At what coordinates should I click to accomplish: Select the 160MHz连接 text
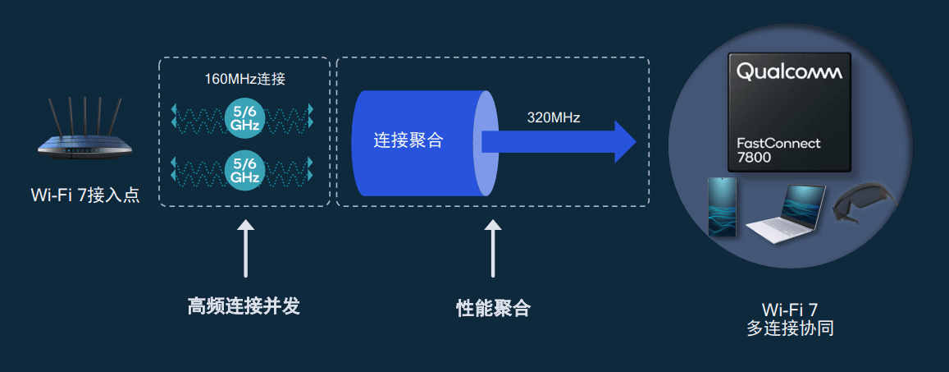point(244,80)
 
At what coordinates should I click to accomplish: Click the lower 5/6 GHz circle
point(244,170)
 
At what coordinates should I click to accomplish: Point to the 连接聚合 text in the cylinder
point(408,140)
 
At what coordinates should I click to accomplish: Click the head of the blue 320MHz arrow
point(624,141)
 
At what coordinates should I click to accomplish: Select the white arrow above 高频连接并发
point(244,247)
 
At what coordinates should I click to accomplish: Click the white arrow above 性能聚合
point(492,247)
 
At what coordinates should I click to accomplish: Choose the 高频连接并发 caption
point(244,307)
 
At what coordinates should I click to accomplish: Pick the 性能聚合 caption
point(493,309)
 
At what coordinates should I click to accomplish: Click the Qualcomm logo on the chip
point(789,72)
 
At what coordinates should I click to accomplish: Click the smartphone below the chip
point(723,206)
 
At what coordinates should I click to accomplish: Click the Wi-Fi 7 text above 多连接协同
point(790,310)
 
